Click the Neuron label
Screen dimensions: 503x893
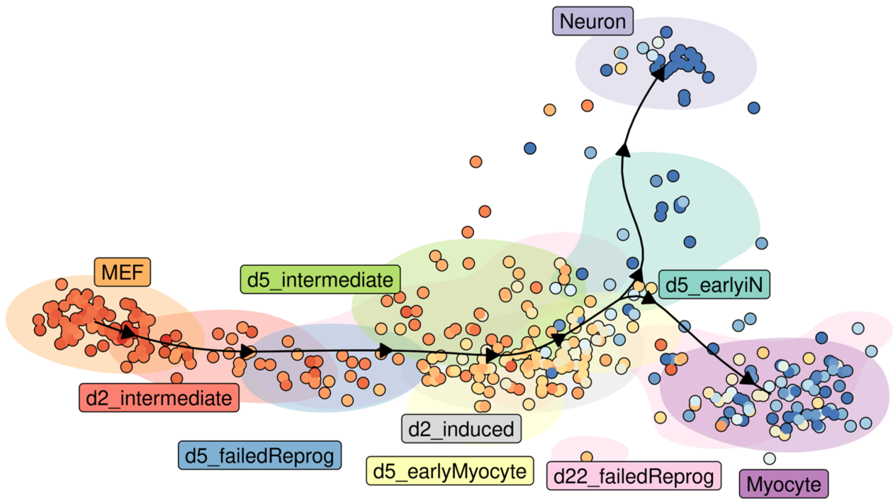click(x=593, y=21)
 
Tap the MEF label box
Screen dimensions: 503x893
click(x=123, y=272)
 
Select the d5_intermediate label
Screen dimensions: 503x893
click(x=320, y=280)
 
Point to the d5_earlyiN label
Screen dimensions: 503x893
click(x=714, y=284)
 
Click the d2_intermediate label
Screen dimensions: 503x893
click(x=159, y=398)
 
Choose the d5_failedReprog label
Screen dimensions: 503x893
click(x=259, y=455)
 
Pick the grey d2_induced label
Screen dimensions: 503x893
click(x=461, y=429)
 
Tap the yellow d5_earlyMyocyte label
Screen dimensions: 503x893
click(x=450, y=470)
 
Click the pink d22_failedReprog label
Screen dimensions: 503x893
click(x=634, y=475)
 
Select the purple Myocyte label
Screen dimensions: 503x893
click(x=784, y=485)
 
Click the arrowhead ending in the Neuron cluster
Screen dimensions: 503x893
click(x=658, y=72)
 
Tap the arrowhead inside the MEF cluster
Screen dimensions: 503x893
click(x=127, y=332)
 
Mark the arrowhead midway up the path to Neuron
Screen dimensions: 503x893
click(x=623, y=149)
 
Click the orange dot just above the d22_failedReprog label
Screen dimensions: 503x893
click(x=587, y=457)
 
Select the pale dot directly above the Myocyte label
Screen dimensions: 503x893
click(x=770, y=458)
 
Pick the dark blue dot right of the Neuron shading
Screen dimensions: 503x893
click(x=753, y=108)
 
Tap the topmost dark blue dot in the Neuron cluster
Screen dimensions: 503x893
click(x=666, y=32)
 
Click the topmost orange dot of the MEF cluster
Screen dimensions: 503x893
click(x=62, y=284)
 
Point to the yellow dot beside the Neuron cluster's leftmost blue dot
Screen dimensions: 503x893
click(x=621, y=68)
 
